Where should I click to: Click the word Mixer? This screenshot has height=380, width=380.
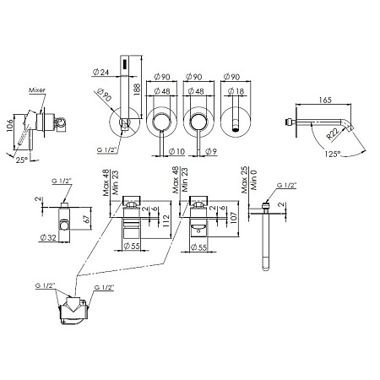[37, 90]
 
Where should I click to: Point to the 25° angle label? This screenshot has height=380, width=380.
[22, 160]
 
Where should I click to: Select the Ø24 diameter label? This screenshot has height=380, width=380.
[100, 73]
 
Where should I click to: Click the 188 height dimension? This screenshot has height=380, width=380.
[137, 89]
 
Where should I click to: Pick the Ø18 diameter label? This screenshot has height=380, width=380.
[236, 91]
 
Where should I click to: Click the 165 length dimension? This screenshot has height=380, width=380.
[325, 100]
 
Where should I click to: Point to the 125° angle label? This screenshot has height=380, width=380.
[333, 154]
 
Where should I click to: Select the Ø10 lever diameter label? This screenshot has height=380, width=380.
[176, 151]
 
